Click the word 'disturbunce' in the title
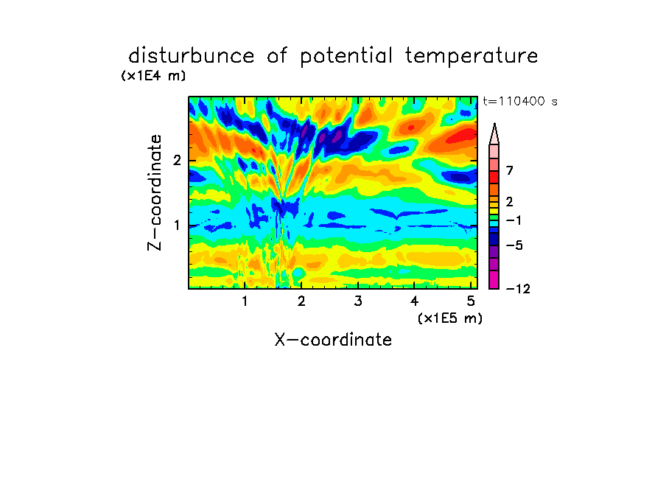pyautogui.click(x=192, y=56)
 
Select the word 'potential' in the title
pyautogui.click(x=346, y=57)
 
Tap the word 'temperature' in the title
pyautogui.click(x=472, y=57)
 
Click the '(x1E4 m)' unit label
pyautogui.click(x=153, y=76)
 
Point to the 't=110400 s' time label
pyautogui.click(x=520, y=101)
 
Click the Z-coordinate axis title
pyautogui.click(x=155, y=192)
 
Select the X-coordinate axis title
pyautogui.click(x=333, y=340)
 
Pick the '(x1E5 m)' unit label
pyautogui.click(x=450, y=318)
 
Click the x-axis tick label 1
pyautogui.click(x=245, y=301)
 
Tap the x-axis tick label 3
pyautogui.click(x=358, y=301)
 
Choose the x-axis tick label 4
pyautogui.click(x=414, y=301)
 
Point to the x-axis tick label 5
pyautogui.click(x=471, y=301)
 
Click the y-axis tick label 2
pyautogui.click(x=177, y=161)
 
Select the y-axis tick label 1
pyautogui.click(x=177, y=226)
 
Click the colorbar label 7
pyautogui.click(x=510, y=171)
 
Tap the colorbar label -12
pyautogui.click(x=518, y=289)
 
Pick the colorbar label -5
pyautogui.click(x=514, y=245)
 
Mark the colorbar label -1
pyautogui.click(x=513, y=220)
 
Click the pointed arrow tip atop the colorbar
pyautogui.click(x=494, y=124)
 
